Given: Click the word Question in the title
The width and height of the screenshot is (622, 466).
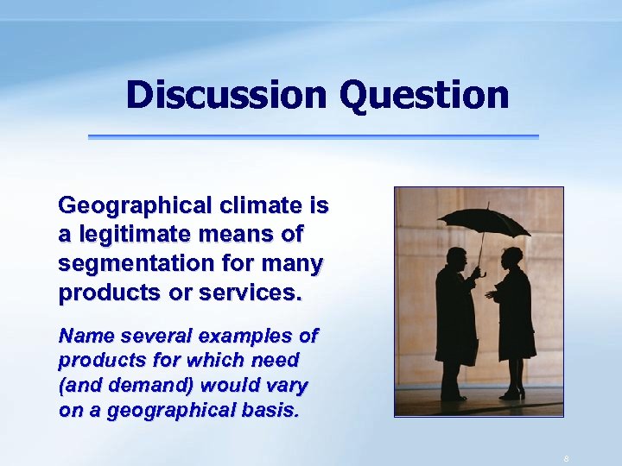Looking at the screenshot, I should click(x=424, y=94).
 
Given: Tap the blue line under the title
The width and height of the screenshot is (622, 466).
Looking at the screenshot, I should click(x=313, y=136).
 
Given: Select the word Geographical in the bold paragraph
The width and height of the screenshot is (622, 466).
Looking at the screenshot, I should click(x=135, y=206).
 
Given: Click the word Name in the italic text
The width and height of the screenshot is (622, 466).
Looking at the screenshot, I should click(x=82, y=335).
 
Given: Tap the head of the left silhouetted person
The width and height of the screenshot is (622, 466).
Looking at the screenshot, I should click(x=458, y=258).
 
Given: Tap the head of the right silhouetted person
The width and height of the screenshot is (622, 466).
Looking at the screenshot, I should click(x=511, y=257).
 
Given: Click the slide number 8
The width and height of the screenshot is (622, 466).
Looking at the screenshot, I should click(x=566, y=458).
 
